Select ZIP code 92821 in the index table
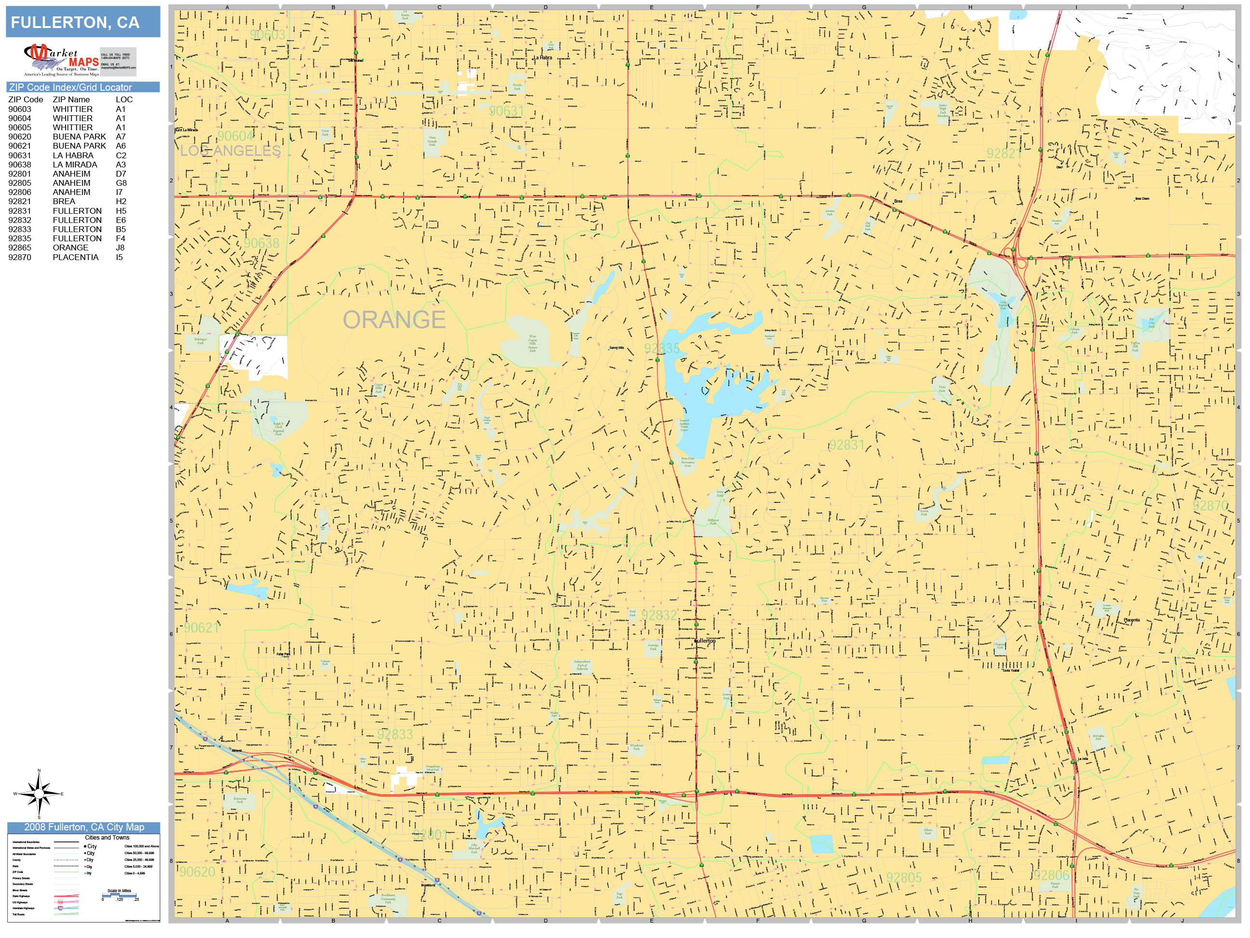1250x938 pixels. tap(20, 201)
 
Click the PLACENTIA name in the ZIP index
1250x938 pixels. tap(75, 257)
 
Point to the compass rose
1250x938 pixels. tap(39, 794)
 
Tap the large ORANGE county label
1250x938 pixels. tap(394, 320)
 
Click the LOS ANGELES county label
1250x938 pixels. tap(230, 151)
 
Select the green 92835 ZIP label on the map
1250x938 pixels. tap(662, 348)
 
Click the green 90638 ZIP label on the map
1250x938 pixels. tap(262, 243)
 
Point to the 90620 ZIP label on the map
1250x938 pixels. tap(197, 872)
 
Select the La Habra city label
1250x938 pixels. tap(543, 58)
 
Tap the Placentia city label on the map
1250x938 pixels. tap(1131, 620)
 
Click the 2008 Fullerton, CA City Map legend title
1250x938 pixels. tap(83, 827)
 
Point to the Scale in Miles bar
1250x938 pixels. tap(119, 895)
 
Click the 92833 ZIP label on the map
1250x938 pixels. tap(395, 734)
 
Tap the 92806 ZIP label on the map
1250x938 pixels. tap(1051, 875)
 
